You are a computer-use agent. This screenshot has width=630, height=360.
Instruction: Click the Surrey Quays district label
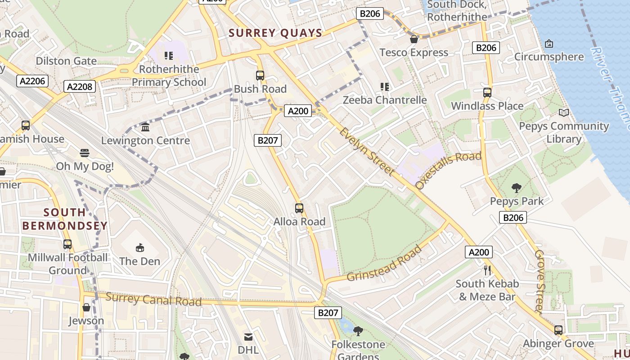[x=275, y=33]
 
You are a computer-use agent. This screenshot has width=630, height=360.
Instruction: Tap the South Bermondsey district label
[x=65, y=219]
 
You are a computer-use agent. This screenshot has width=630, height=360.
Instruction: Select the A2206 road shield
[x=32, y=81]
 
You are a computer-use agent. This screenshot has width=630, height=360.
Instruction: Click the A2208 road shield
[x=80, y=86]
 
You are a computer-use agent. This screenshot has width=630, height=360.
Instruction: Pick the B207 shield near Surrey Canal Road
[x=327, y=313]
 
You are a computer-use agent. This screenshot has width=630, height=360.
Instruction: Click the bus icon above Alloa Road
[x=299, y=208]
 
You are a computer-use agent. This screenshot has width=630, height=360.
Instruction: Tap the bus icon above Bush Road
[x=260, y=76]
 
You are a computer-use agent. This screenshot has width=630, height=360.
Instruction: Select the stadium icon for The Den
[x=139, y=247]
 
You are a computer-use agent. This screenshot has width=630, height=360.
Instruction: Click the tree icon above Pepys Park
[x=517, y=188]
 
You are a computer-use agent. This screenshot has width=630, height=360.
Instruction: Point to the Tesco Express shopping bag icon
[x=414, y=40]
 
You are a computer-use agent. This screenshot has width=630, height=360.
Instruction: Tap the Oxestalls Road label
[x=448, y=170]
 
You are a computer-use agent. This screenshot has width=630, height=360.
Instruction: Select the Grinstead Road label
[x=385, y=264]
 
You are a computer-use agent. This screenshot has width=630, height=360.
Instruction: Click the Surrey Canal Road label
[x=153, y=299]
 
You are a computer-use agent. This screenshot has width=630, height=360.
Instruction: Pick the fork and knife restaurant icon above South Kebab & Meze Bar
[x=487, y=270]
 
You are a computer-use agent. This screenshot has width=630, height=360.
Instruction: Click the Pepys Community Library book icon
[x=563, y=113]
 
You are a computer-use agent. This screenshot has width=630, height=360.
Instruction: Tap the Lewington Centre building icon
[x=145, y=127]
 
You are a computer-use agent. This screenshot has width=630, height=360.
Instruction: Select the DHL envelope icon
[x=248, y=337]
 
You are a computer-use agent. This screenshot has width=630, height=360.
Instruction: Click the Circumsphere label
[x=549, y=57]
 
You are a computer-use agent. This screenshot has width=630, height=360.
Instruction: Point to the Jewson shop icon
[x=86, y=308]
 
